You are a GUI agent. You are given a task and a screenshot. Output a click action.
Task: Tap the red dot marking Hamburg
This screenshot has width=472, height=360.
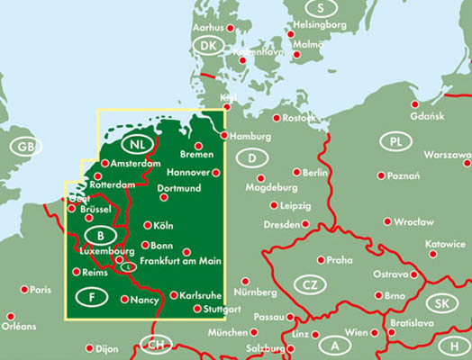[224, 136]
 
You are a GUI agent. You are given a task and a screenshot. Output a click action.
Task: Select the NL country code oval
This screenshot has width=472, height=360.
[137, 145]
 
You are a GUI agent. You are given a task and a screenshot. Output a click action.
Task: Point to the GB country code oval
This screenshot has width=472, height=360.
[24, 146]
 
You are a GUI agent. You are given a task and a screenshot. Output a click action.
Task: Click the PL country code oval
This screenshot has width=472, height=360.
[395, 141]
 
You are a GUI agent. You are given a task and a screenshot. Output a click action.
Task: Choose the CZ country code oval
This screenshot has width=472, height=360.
[310, 286]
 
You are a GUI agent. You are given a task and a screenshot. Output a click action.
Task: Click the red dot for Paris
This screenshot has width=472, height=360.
[23, 290]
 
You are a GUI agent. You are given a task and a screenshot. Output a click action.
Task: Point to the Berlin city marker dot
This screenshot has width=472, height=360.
[296, 172]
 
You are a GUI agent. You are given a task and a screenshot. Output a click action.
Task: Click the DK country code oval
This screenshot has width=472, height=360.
[210, 46]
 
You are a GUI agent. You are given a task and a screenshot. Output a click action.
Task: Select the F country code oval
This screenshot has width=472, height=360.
[92, 298]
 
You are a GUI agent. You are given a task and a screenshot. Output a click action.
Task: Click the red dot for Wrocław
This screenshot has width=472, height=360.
[386, 221]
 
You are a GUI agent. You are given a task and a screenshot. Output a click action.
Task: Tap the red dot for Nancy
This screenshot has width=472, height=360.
[123, 299]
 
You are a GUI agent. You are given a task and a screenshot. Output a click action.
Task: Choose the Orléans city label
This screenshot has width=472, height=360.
[22, 327]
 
